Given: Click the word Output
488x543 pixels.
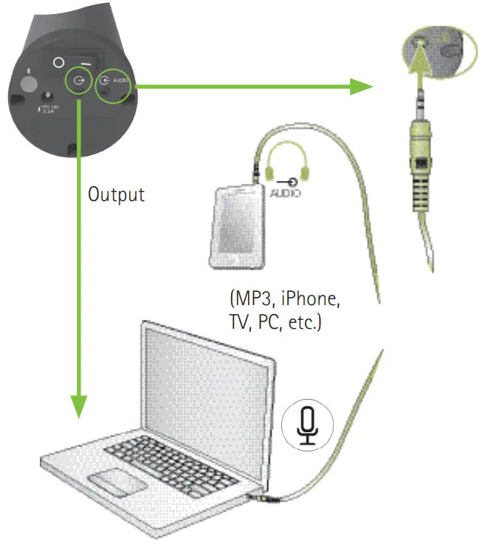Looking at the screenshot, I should point(116,195).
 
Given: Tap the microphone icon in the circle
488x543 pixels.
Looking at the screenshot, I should point(307,426).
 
